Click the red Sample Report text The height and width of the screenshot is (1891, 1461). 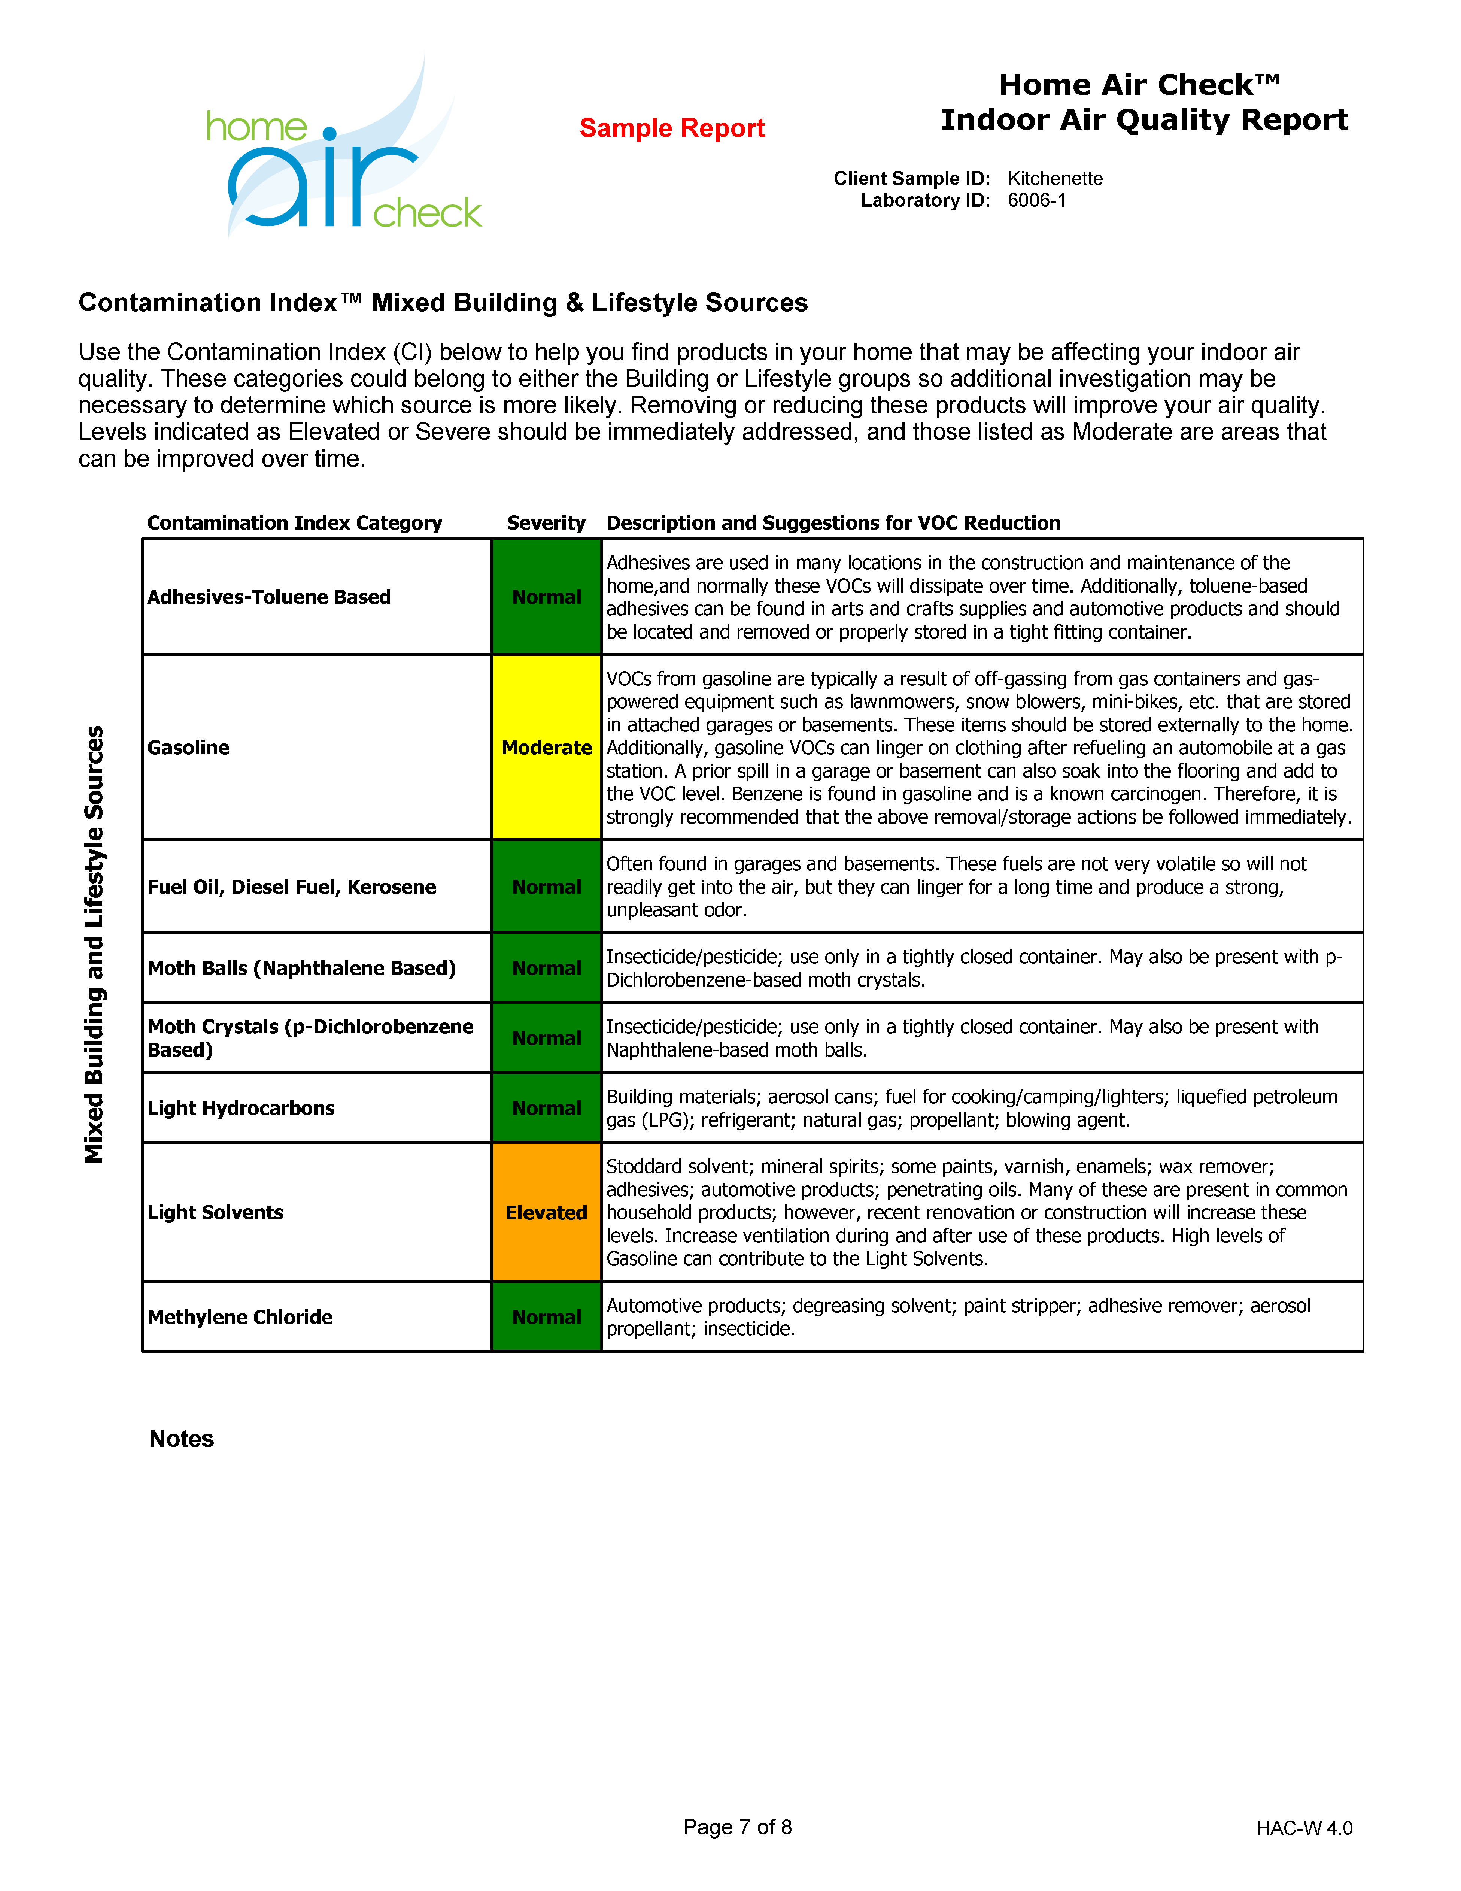(x=672, y=128)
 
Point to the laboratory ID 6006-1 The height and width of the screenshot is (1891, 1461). (x=1036, y=201)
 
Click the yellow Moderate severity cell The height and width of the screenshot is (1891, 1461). (x=546, y=747)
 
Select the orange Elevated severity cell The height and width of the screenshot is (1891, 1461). (x=546, y=1212)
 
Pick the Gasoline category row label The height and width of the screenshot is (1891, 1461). (x=189, y=747)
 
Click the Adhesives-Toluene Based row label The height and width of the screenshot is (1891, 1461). (x=269, y=597)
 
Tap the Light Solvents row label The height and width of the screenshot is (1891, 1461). (x=216, y=1212)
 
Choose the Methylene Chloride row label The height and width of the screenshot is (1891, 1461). (x=240, y=1317)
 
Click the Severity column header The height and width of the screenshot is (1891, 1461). (x=546, y=523)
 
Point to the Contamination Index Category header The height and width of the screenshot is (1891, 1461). (x=294, y=523)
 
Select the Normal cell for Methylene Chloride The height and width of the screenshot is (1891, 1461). (x=546, y=1317)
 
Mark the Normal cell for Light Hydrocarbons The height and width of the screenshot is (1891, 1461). (x=546, y=1108)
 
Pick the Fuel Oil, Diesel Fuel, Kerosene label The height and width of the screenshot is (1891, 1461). (x=292, y=887)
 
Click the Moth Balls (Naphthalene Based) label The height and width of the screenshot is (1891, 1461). (x=301, y=968)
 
